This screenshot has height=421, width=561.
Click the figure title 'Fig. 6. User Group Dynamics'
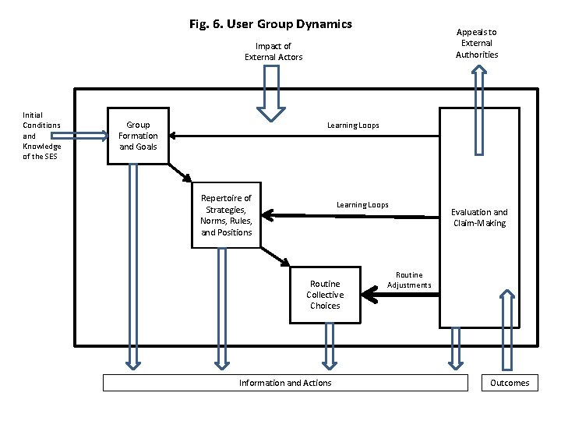coord(270,24)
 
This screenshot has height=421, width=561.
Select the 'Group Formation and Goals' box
coord(138,136)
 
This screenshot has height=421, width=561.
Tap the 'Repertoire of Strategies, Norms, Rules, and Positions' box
coord(226,215)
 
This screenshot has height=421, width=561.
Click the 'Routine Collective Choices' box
coord(325,295)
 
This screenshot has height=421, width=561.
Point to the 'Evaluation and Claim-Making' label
coord(479,218)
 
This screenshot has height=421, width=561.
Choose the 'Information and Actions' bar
coord(285,383)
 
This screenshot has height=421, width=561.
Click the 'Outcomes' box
coord(510,383)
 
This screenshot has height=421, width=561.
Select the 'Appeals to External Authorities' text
coord(477,44)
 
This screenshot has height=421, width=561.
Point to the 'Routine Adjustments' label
coord(409,280)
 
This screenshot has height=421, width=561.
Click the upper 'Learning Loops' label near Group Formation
coord(353,125)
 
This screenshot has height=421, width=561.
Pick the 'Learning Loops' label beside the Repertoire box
coord(362,205)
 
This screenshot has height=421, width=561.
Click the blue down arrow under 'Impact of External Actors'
coord(271,93)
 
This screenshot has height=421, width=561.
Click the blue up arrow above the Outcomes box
coord(507,327)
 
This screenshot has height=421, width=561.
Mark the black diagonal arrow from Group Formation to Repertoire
coord(181,172)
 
